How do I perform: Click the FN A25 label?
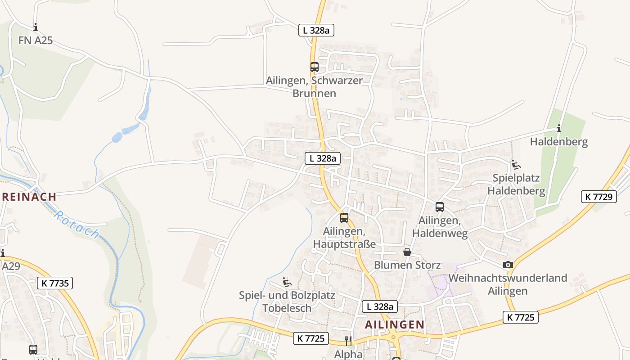pyautogui.click(x=36, y=40)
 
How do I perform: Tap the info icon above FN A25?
pyautogui.click(x=36, y=27)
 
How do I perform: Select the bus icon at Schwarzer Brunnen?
pyautogui.click(x=314, y=67)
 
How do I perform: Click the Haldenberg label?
pyautogui.click(x=558, y=142)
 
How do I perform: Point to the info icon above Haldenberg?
pyautogui.click(x=558, y=128)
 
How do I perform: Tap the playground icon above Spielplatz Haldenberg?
pyautogui.click(x=516, y=165)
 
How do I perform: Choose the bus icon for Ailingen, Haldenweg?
pyautogui.click(x=439, y=207)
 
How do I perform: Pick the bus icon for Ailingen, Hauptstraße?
pyautogui.click(x=344, y=218)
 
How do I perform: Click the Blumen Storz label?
pyautogui.click(x=407, y=265)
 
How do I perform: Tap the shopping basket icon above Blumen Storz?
pyautogui.click(x=407, y=252)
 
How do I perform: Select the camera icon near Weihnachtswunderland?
pyautogui.click(x=508, y=265)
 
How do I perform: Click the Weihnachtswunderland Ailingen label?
pyautogui.click(x=508, y=284)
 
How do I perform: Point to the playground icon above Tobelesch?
pyautogui.click(x=287, y=282)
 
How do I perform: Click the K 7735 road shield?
pyautogui.click(x=55, y=283)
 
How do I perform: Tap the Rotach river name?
pyautogui.click(x=76, y=224)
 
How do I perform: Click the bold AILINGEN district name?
pyautogui.click(x=394, y=324)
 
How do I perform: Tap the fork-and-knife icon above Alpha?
pyautogui.click(x=348, y=341)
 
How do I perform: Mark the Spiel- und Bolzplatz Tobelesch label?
pyautogui.click(x=287, y=302)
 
